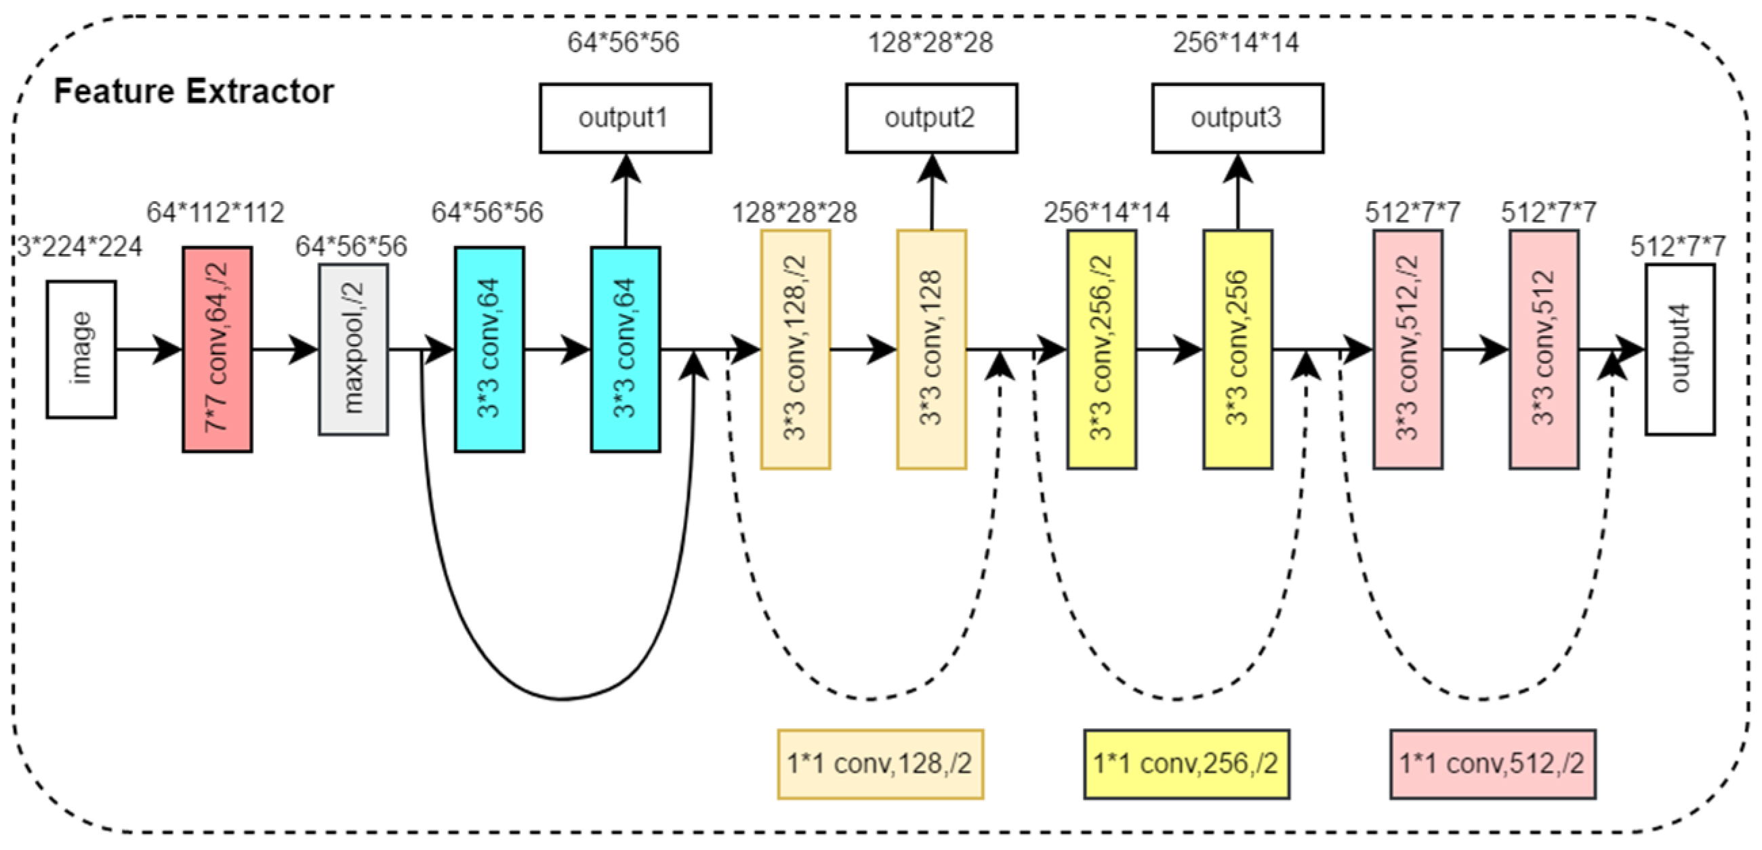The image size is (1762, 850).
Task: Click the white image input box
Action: point(81,349)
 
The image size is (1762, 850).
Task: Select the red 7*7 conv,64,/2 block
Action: point(217,349)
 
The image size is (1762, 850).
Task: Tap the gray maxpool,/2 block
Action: point(353,349)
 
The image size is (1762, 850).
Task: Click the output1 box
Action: point(625,119)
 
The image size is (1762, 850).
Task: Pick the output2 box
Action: point(931,119)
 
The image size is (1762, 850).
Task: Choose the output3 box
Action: point(1237,119)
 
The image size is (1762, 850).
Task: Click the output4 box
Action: point(1679,349)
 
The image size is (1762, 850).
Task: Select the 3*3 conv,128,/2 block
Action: point(796,349)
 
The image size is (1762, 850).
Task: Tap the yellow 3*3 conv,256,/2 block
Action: point(1101,349)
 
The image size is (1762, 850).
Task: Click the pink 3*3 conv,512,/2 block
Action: point(1408,349)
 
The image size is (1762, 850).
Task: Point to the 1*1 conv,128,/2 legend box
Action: point(880,764)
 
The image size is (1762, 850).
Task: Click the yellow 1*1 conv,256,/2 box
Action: point(1186,764)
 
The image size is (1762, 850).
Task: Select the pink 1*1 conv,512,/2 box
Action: point(1492,764)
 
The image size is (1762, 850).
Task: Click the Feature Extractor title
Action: point(194,91)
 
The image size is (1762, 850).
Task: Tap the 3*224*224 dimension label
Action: point(79,247)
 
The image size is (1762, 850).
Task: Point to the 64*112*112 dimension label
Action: point(216,213)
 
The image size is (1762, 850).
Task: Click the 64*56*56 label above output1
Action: point(623,43)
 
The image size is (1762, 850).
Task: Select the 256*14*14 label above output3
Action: point(1235,43)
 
